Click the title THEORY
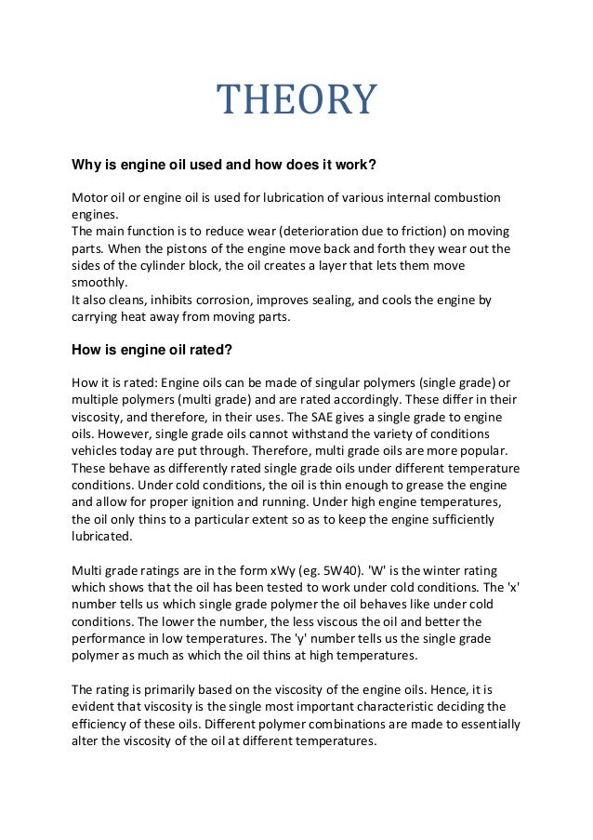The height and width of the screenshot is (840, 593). coord(296,100)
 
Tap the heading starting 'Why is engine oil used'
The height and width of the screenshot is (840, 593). coord(224,166)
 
